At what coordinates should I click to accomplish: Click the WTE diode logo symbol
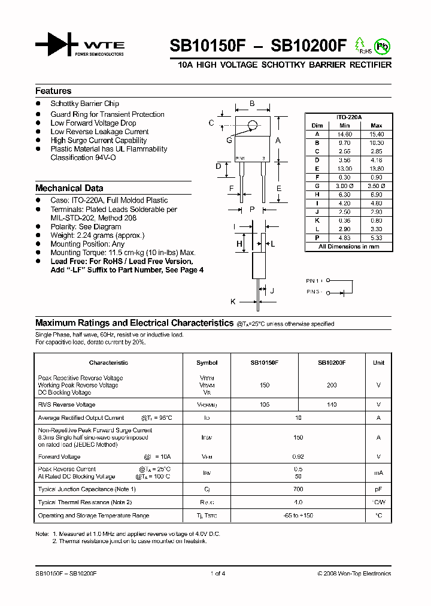pos(57,46)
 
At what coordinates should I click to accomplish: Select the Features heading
pos(53,91)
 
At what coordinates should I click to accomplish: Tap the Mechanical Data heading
pos(69,188)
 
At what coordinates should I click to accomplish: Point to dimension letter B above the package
pos(252,104)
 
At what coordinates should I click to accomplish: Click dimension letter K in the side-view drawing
pos(233,301)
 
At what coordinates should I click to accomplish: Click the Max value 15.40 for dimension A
pos(377,134)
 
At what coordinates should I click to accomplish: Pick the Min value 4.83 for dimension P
pos(344,237)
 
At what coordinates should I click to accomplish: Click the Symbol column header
pos(207,363)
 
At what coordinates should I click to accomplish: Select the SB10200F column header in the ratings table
pos(332,363)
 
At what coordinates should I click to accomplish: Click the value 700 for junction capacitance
pos(298,489)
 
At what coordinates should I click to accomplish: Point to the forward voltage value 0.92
pos(298,457)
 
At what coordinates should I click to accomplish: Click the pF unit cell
pos(379,489)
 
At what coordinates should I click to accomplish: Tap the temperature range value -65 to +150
pos(298,516)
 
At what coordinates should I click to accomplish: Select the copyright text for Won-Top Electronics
pos(354,574)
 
